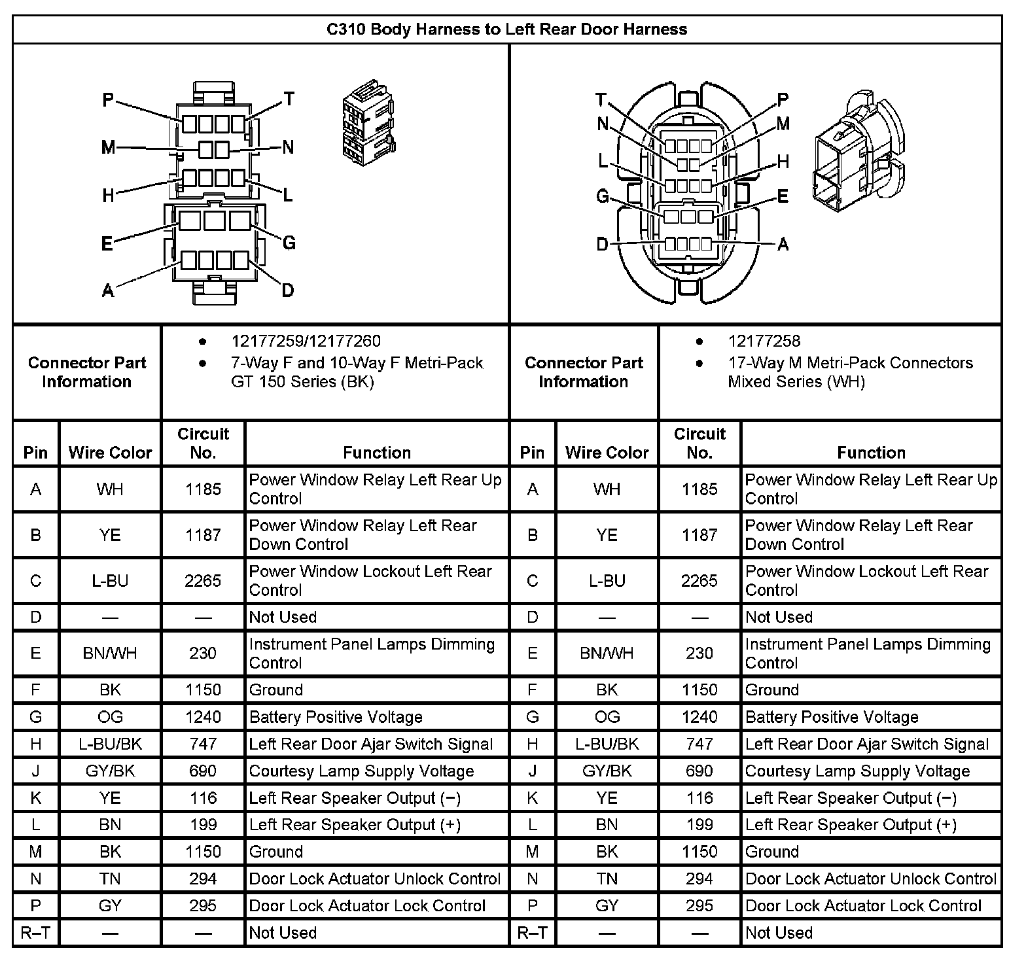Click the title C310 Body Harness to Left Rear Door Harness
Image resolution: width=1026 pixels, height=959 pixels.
[506, 29]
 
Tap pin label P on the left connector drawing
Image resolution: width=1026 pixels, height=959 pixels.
[109, 100]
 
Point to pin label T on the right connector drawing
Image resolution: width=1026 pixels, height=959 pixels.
[601, 99]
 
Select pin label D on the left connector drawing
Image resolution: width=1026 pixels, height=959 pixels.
[287, 290]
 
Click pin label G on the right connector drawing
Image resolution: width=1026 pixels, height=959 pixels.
[603, 196]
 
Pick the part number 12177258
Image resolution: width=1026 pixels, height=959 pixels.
[764, 341]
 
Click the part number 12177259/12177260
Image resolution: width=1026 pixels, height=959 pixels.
[306, 341]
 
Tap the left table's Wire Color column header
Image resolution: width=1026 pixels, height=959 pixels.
[110, 452]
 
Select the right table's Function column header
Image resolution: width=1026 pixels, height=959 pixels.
[871, 452]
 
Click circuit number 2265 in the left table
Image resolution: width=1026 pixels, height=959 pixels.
[203, 581]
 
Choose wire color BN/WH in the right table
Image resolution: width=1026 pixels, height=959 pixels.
[607, 653]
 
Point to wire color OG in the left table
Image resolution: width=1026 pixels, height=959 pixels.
[110, 717]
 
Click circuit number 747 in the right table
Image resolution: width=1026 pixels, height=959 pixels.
[699, 744]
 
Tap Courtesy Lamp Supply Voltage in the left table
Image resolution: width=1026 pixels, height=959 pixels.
[361, 771]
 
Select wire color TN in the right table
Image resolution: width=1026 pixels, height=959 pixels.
[607, 879]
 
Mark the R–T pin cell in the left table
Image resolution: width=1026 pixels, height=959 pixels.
[35, 933]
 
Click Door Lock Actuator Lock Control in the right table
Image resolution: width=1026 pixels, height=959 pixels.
[863, 906]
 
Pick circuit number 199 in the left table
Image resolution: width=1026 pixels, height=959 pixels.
[203, 825]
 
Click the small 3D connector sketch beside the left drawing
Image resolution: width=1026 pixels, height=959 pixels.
[368, 128]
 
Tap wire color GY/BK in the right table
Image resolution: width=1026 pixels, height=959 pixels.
[607, 771]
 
